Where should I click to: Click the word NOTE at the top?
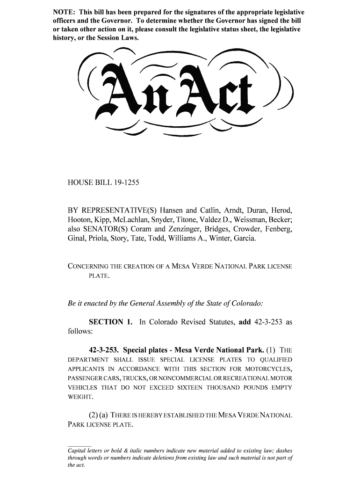coord(63,11)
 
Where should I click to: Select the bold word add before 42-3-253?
coord(245,322)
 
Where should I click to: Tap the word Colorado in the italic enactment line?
coord(245,303)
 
